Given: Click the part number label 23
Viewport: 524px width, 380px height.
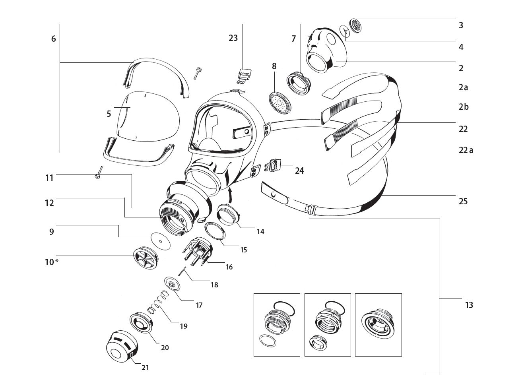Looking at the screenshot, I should (233, 38).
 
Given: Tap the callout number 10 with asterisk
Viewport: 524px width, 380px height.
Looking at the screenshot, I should (51, 262).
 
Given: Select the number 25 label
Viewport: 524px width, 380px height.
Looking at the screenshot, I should (463, 201).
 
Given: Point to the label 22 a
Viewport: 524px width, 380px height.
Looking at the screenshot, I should (466, 150).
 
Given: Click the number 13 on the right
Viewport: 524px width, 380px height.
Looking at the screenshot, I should (469, 305).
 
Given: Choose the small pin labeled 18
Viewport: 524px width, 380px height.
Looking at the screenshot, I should (182, 270).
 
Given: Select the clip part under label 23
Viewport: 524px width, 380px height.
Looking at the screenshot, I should (244, 75).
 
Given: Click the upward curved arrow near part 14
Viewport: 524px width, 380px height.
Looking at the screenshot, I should (230, 195).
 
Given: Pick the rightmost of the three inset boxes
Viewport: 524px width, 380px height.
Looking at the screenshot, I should (378, 325).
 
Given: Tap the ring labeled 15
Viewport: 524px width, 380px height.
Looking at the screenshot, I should (215, 231).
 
